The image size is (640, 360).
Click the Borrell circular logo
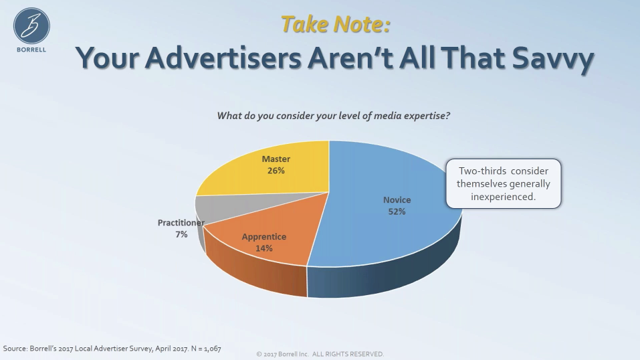coord(31,25)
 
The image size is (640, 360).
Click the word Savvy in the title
coord(552,58)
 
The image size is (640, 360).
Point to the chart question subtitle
coord(334,116)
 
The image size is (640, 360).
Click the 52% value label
coord(397,211)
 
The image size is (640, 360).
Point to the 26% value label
coord(276,171)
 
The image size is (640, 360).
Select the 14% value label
coord(263,248)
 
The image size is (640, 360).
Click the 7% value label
coord(181,235)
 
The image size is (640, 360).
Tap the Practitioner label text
coord(181,223)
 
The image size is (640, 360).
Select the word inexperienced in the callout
coord(504,197)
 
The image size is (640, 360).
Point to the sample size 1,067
coord(212,349)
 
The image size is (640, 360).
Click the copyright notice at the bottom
coord(320,354)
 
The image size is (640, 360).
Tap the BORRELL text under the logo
coord(31,50)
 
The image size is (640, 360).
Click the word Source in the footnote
coord(15,349)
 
